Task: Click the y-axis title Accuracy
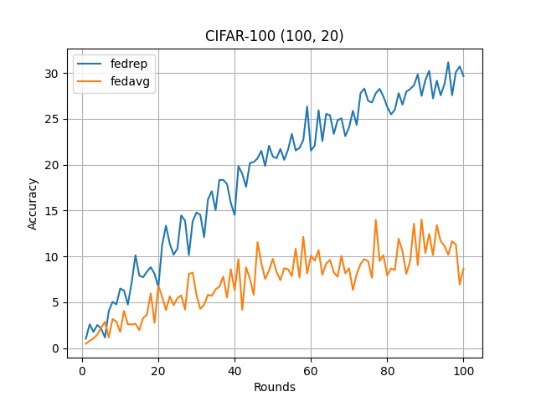point(33,204)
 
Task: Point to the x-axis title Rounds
point(274,387)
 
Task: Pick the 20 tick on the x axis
point(158,370)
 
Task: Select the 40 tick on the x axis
point(234,370)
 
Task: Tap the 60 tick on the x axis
point(311,370)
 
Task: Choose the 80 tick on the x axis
point(387,370)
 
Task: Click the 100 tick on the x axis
point(463,370)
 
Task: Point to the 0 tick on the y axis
point(57,348)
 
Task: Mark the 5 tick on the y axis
point(57,302)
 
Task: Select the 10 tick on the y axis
point(54,256)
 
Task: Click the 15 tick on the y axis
point(54,211)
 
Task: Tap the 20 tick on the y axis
point(54,165)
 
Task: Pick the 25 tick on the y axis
point(54,119)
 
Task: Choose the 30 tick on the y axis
point(54,74)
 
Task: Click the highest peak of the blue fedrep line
point(448,62)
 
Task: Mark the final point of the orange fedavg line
point(463,269)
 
